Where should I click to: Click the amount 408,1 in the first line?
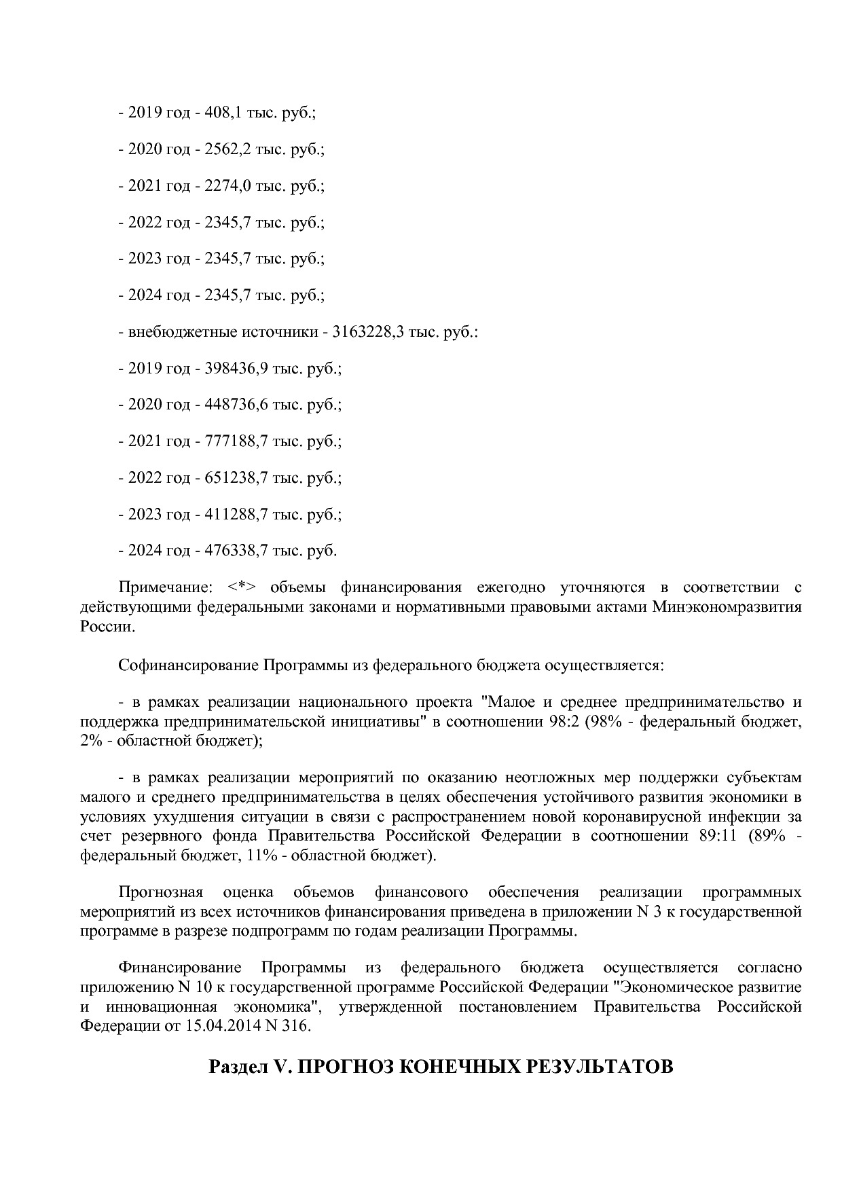(x=223, y=113)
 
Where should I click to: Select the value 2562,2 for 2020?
(x=227, y=149)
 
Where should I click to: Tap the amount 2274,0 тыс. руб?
(x=227, y=185)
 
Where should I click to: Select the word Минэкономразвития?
(x=727, y=607)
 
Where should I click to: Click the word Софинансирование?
(x=188, y=664)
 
